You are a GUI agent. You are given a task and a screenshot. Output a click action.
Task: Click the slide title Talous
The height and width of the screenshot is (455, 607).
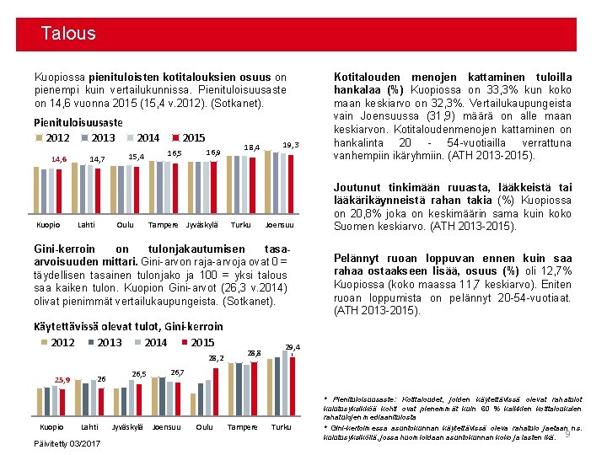(68, 34)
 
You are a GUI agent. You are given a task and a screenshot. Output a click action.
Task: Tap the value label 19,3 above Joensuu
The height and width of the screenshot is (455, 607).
(292, 145)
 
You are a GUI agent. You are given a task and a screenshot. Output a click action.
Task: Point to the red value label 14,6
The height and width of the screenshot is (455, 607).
(59, 158)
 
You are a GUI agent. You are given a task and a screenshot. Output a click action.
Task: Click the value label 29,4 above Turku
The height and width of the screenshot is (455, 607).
(293, 347)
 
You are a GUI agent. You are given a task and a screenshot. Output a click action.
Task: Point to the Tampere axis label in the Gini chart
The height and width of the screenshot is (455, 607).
(241, 426)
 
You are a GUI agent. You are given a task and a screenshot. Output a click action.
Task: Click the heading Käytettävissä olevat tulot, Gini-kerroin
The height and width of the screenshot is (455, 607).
(127, 326)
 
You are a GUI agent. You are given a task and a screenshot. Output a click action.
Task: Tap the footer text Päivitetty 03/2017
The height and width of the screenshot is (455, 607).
(66, 443)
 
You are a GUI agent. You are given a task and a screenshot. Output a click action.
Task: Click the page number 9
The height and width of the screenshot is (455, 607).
(567, 433)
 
